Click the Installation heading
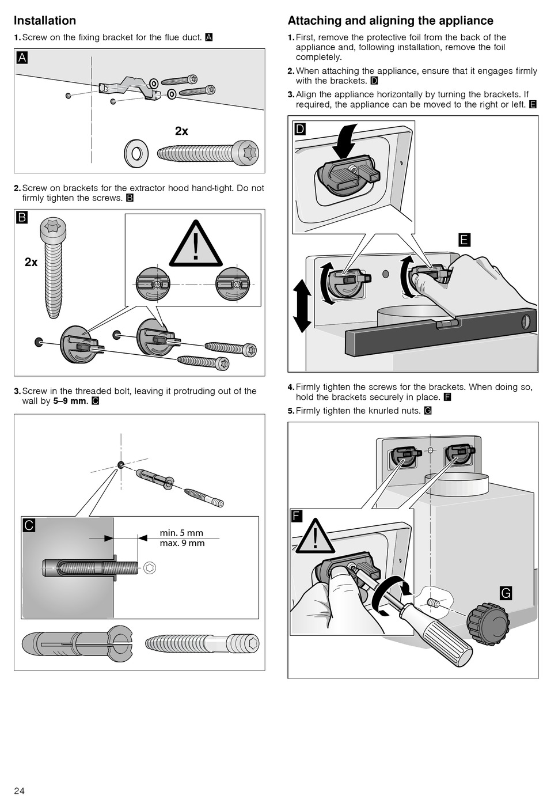point(45,21)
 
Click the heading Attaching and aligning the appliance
point(390,21)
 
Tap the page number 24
point(20,790)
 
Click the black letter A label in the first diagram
point(22,58)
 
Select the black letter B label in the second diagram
point(22,218)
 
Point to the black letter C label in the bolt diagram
point(29,525)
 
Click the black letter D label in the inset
point(300,129)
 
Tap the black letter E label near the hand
point(464,240)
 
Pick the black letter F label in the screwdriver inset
point(297,515)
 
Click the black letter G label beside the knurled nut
point(506,593)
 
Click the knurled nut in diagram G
point(488,624)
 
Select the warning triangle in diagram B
point(196,245)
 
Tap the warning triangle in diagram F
point(315,537)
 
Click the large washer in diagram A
point(136,153)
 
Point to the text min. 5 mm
point(181,533)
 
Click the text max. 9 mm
point(182,543)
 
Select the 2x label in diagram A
point(181,131)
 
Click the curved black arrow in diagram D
point(345,141)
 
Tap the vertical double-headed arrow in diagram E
point(302,306)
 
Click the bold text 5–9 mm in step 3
point(70,401)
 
